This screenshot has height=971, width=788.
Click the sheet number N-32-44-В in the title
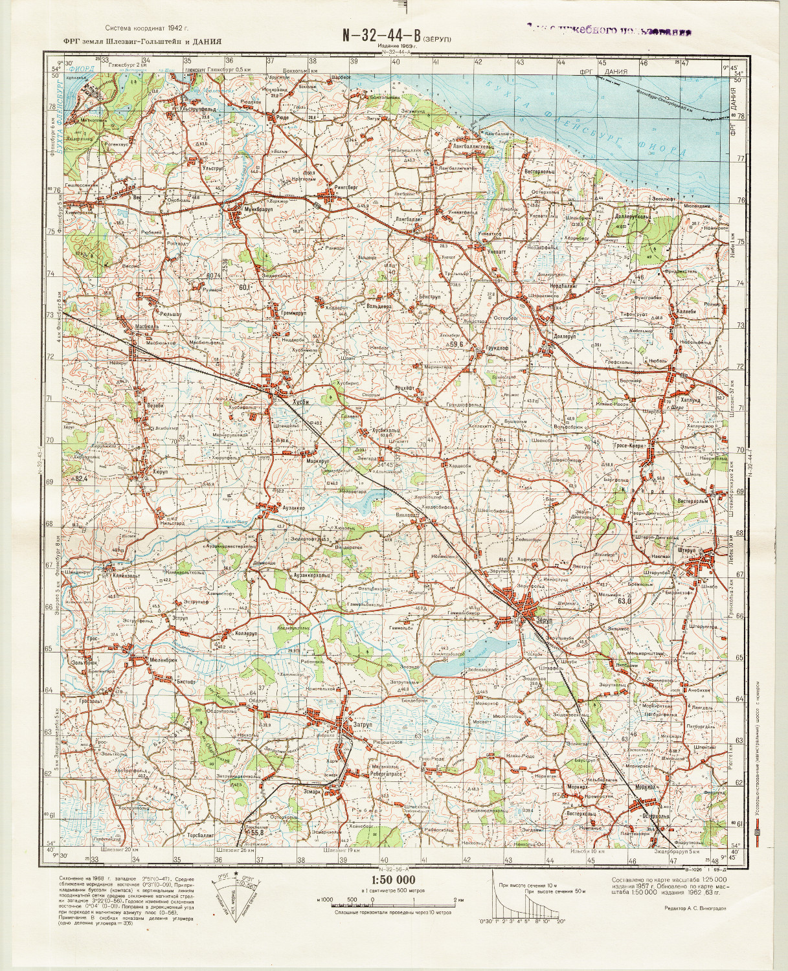click(x=381, y=37)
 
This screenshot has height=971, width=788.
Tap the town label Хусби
click(x=302, y=401)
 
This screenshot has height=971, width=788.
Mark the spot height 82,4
click(x=80, y=478)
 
